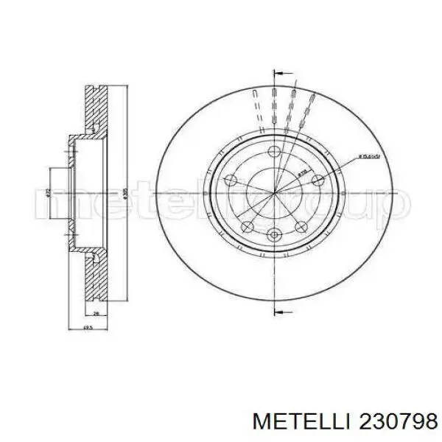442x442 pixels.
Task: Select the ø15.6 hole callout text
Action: pyautogui.click(x=369, y=156)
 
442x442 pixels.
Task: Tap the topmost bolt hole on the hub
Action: pyautogui.click(x=274, y=152)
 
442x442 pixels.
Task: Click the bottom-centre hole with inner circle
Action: pyautogui.click(x=275, y=235)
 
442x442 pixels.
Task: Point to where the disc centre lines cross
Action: pyautogui.click(x=274, y=194)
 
